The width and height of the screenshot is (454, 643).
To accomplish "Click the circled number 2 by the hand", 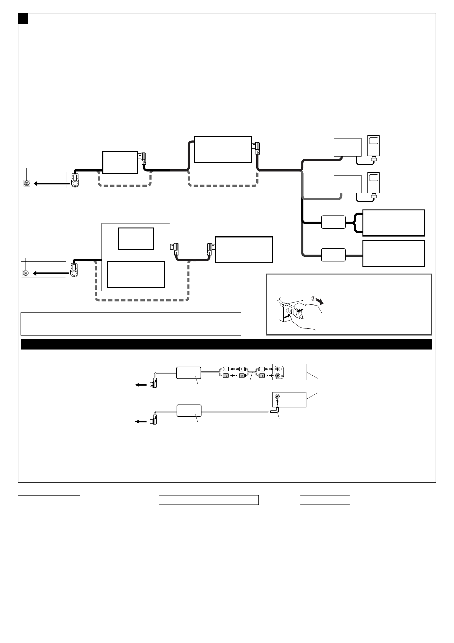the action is coord(313,298).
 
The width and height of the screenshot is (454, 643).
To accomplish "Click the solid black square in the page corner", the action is coord(23,18).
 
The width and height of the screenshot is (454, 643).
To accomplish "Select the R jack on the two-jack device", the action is coord(278,376).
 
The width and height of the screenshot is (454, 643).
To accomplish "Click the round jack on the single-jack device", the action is coord(277,397).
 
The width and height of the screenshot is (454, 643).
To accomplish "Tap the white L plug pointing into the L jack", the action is coord(262,369).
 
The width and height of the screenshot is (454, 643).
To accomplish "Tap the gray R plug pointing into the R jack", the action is coord(262,376).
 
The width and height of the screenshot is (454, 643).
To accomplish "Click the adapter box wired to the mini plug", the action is coord(189,411).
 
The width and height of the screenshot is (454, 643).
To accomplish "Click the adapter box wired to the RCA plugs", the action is coord(189,373).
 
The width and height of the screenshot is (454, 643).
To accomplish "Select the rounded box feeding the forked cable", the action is coord(333,222).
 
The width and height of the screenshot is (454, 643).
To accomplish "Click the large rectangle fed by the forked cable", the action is coord(394,223).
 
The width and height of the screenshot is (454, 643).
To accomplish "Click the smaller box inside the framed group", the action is coord(136,239).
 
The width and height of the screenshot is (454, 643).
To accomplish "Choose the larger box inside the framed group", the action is coord(136,274).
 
